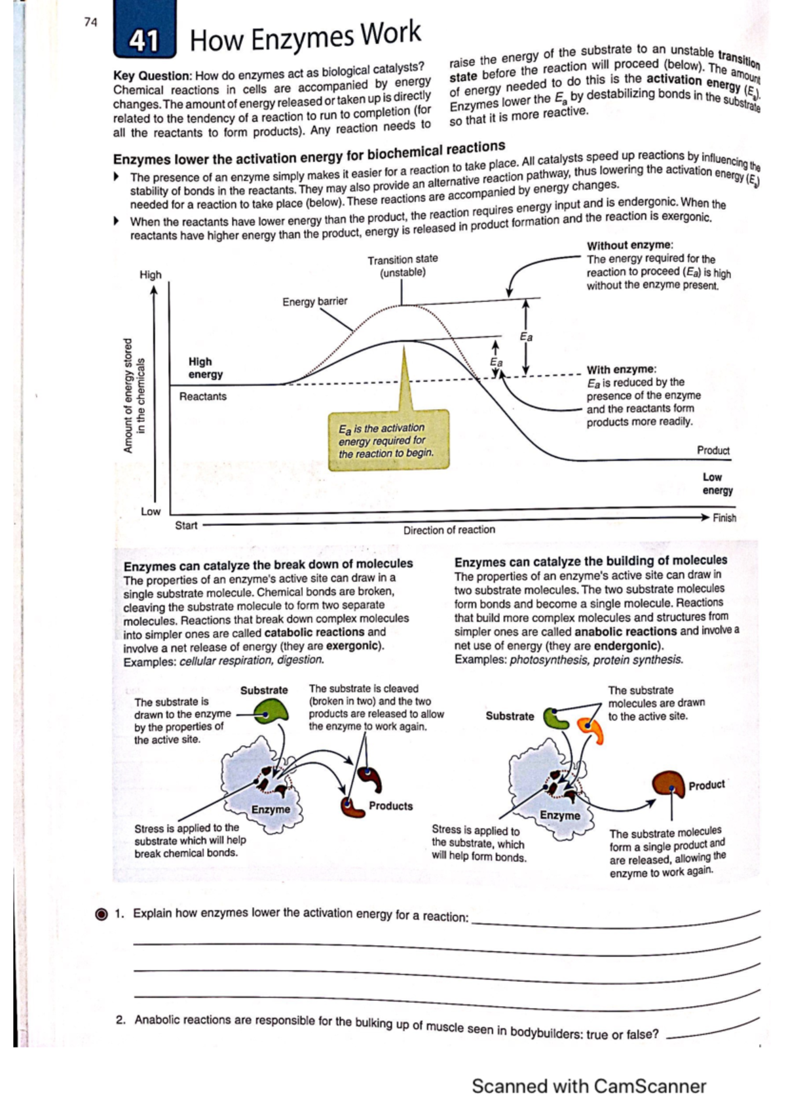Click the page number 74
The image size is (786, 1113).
click(x=90, y=22)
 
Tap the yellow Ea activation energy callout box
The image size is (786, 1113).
click(x=388, y=440)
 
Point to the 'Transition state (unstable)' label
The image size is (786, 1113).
click(x=402, y=265)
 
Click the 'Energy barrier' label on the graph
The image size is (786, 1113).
click(x=314, y=302)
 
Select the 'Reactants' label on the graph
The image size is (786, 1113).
click(x=202, y=397)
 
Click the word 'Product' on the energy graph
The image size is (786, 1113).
click(x=713, y=450)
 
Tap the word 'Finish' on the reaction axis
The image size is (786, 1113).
click(x=724, y=518)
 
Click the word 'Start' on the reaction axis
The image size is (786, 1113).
click(x=186, y=526)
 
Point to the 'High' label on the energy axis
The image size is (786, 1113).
click(x=150, y=275)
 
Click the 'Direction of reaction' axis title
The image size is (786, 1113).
click(x=449, y=530)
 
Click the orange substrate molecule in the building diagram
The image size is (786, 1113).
click(x=590, y=730)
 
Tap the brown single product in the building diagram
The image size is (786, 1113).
click(x=669, y=784)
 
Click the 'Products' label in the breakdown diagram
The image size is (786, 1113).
click(x=390, y=806)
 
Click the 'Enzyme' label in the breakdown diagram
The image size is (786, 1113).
click(x=271, y=810)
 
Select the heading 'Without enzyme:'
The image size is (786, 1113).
click(x=629, y=245)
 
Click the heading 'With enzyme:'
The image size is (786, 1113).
click(x=621, y=370)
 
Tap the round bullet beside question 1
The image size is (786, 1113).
click(x=102, y=914)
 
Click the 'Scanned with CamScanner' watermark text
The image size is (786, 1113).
click(x=588, y=1086)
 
